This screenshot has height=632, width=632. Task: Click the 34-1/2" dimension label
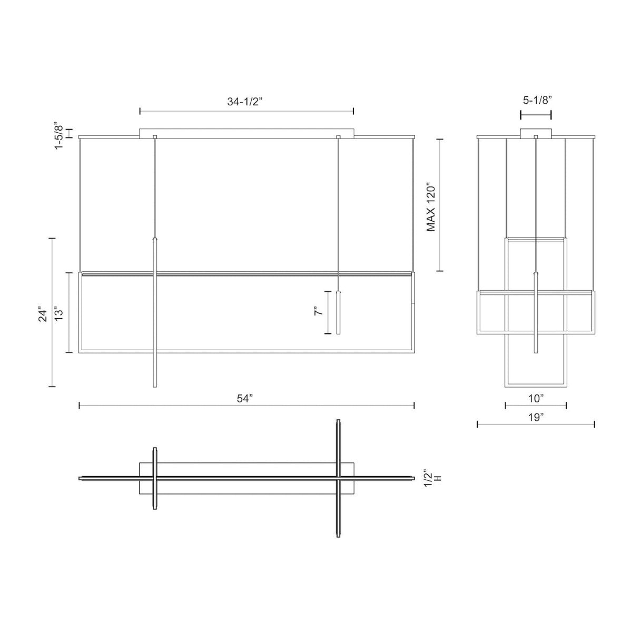(244, 102)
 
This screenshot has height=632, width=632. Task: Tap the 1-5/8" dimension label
(59, 135)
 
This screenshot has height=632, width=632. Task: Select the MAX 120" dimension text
(431, 208)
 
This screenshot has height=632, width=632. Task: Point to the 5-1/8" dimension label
(536, 100)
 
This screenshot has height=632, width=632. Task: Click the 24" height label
(43, 314)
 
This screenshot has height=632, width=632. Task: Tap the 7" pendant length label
(318, 312)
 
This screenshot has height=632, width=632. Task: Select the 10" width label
(536, 399)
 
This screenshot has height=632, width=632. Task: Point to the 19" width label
(536, 418)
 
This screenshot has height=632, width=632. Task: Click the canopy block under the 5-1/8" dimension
(536, 133)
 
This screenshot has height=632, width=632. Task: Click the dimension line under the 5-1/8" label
(536, 114)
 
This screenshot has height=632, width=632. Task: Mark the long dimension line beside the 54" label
(158, 405)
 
